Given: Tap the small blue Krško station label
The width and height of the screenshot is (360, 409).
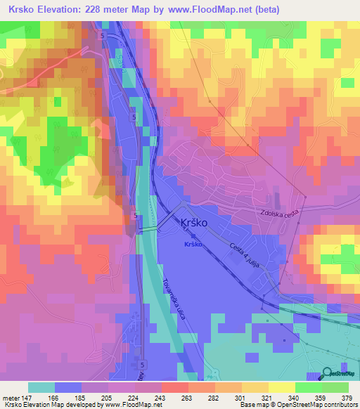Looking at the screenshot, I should (193, 244).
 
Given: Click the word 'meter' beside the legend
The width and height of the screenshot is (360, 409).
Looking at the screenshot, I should (11, 397).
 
